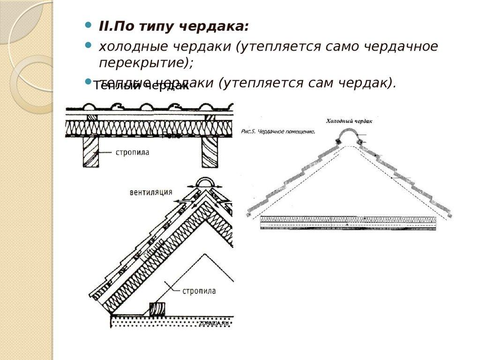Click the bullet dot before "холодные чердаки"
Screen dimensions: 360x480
[88, 45]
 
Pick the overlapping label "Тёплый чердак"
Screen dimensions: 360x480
[141, 86]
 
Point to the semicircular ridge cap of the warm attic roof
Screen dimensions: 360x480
[204, 183]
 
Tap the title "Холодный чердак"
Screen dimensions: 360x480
[349, 121]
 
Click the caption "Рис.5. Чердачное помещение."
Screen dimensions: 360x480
[278, 132]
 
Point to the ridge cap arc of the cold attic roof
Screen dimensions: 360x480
[348, 135]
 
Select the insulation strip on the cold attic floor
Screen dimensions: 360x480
[348, 219]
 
